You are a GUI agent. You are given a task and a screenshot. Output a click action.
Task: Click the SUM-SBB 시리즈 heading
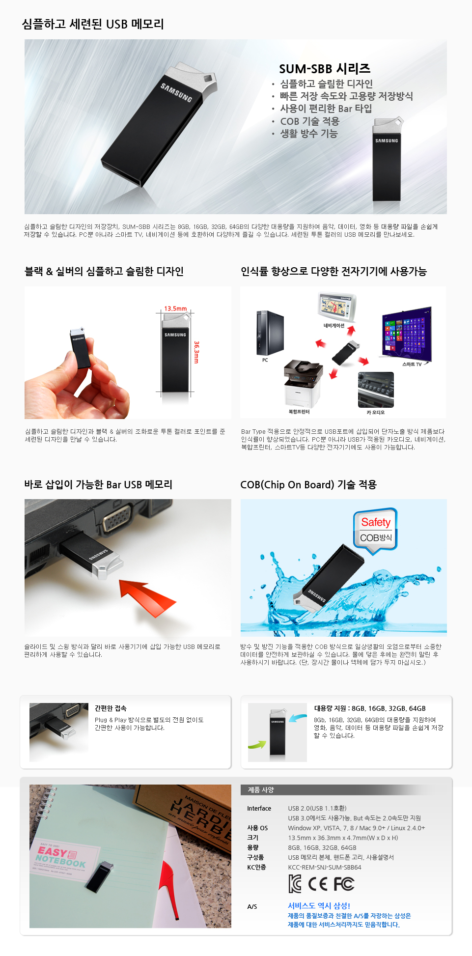325,69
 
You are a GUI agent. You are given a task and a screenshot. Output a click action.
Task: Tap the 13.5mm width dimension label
175,309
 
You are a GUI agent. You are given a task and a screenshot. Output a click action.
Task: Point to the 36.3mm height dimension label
196,352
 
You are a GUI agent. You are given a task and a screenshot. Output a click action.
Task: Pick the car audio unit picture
376,390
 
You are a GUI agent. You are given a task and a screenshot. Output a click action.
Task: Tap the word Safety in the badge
376,522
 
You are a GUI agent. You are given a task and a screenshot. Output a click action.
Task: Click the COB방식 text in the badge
376,537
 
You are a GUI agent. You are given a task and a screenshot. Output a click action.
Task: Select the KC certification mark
295,884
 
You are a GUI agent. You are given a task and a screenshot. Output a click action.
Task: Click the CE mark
318,884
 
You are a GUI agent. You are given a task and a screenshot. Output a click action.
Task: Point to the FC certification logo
344,884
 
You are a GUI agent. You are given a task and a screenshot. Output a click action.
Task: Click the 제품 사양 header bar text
261,790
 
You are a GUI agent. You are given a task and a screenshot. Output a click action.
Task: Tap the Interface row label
259,808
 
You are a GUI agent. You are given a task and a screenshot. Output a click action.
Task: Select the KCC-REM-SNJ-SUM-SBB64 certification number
325,867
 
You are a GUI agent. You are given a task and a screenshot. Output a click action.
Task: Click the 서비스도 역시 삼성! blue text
319,905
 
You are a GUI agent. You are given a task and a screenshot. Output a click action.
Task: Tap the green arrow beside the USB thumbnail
256,744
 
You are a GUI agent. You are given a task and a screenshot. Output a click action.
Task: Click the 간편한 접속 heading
111,708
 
